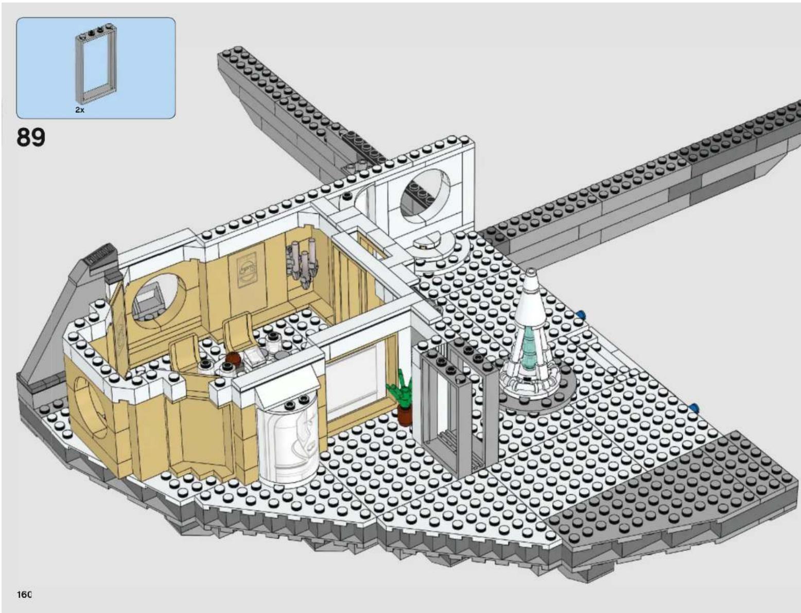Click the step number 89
coord(31,137)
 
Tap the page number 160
coord(24,594)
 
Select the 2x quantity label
coord(80,110)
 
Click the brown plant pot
coord(404,416)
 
